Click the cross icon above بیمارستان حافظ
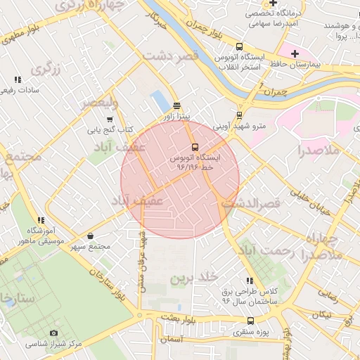(295, 53)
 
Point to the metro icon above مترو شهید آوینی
(239, 115)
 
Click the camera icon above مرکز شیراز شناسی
(54, 333)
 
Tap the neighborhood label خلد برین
(191, 278)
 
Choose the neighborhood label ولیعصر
(98, 103)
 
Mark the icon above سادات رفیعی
(18, 79)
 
